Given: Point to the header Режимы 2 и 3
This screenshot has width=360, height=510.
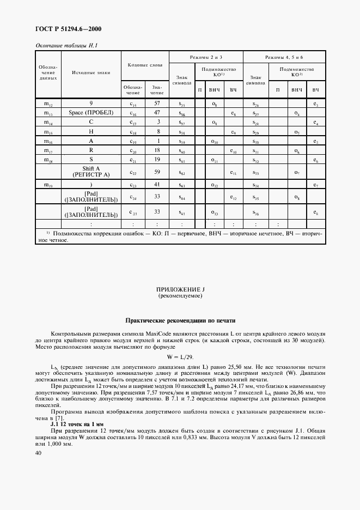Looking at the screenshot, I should (x=205, y=57).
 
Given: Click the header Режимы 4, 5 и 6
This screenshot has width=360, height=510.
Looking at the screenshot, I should (x=283, y=57).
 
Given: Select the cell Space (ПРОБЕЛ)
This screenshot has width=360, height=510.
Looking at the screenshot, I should (x=90, y=113).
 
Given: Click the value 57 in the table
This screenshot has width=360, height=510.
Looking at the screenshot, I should (x=156, y=103).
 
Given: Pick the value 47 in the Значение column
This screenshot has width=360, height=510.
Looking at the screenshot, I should (x=156, y=113).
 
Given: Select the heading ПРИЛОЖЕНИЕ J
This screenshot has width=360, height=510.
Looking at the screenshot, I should (x=180, y=290).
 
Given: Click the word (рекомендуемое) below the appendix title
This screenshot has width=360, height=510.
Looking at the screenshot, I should (x=180, y=297).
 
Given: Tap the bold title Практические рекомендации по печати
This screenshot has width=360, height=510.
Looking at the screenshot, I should (x=180, y=320).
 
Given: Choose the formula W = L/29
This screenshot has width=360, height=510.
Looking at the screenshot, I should (x=180, y=357).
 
